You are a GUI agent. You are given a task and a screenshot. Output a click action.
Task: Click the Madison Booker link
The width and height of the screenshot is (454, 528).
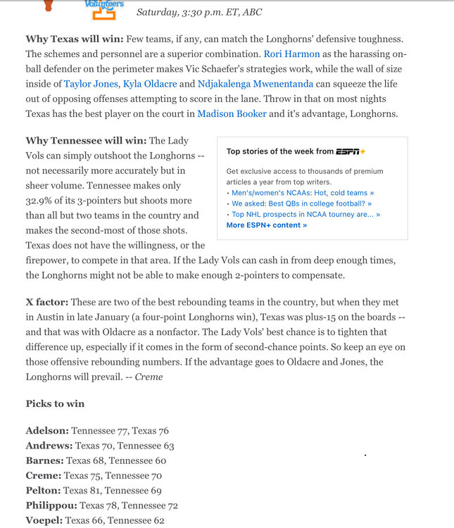(x=232, y=113)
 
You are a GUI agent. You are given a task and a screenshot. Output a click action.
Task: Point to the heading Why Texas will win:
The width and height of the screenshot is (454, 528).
(x=75, y=39)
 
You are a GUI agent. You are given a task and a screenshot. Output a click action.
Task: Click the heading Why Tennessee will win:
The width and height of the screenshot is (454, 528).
(x=86, y=141)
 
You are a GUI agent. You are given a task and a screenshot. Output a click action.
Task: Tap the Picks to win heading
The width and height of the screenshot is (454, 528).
(x=55, y=403)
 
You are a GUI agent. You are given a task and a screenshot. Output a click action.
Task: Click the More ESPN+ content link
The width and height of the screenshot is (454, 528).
(x=267, y=225)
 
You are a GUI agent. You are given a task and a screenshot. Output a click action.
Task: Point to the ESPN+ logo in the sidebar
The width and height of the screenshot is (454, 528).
(x=351, y=151)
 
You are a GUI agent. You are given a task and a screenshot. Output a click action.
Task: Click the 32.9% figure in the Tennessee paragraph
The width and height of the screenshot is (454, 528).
(x=42, y=201)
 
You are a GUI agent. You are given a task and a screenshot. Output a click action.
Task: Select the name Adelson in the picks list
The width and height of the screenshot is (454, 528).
(x=47, y=431)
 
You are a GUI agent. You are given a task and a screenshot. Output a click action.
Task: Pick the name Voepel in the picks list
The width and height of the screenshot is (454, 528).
(x=44, y=521)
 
